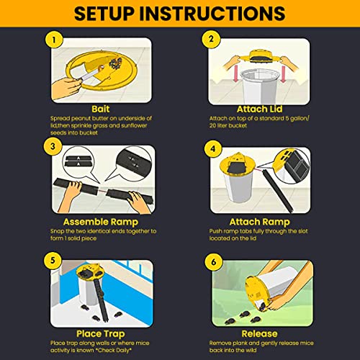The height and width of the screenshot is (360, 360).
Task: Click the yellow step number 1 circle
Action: pos(54,40)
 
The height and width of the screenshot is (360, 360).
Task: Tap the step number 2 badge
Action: pos(211,39)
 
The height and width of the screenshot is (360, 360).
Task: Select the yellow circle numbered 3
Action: pos(53,146)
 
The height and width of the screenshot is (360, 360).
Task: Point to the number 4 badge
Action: pos(213,149)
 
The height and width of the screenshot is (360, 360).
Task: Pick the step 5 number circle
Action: pos(53,261)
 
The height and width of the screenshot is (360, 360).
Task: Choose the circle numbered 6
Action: pos(214,262)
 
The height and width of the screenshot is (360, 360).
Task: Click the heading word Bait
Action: pos(101,109)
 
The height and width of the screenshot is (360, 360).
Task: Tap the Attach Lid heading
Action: pos(259,109)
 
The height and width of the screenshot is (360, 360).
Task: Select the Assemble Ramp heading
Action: pos(101,222)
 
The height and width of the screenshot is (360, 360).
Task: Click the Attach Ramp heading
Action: pos(259,222)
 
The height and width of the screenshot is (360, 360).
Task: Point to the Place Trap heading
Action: pos(101,334)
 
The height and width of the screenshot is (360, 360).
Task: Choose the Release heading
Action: pos(259,333)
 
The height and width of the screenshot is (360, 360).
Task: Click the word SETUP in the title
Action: pos(104,14)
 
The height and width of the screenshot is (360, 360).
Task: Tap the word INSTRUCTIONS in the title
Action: pos(212,14)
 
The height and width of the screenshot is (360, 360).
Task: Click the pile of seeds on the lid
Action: pos(115,63)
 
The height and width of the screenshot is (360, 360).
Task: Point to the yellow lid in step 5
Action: pos(88,272)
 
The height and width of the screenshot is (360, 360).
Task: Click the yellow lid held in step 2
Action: pos(261,57)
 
